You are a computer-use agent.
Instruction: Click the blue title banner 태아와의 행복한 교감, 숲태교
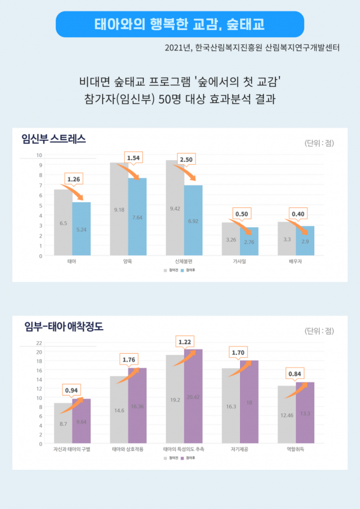tap(179, 25)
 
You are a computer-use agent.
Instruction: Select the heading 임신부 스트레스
tap(53, 139)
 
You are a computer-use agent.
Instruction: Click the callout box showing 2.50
tap(185, 161)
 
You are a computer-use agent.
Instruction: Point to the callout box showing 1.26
tap(73, 179)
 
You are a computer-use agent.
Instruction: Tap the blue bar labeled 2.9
tap(305, 241)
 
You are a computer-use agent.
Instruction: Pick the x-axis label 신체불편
tap(184, 262)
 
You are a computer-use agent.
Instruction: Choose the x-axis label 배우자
tap(296, 262)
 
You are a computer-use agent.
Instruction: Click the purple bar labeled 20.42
tap(194, 396)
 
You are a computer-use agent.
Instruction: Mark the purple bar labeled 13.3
tap(305, 413)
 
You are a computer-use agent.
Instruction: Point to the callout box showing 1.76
tap(129, 360)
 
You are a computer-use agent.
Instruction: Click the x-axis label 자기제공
tap(240, 449)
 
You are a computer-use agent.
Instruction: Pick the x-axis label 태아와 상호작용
tap(128, 449)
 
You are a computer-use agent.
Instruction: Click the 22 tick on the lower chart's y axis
tap(38, 343)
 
